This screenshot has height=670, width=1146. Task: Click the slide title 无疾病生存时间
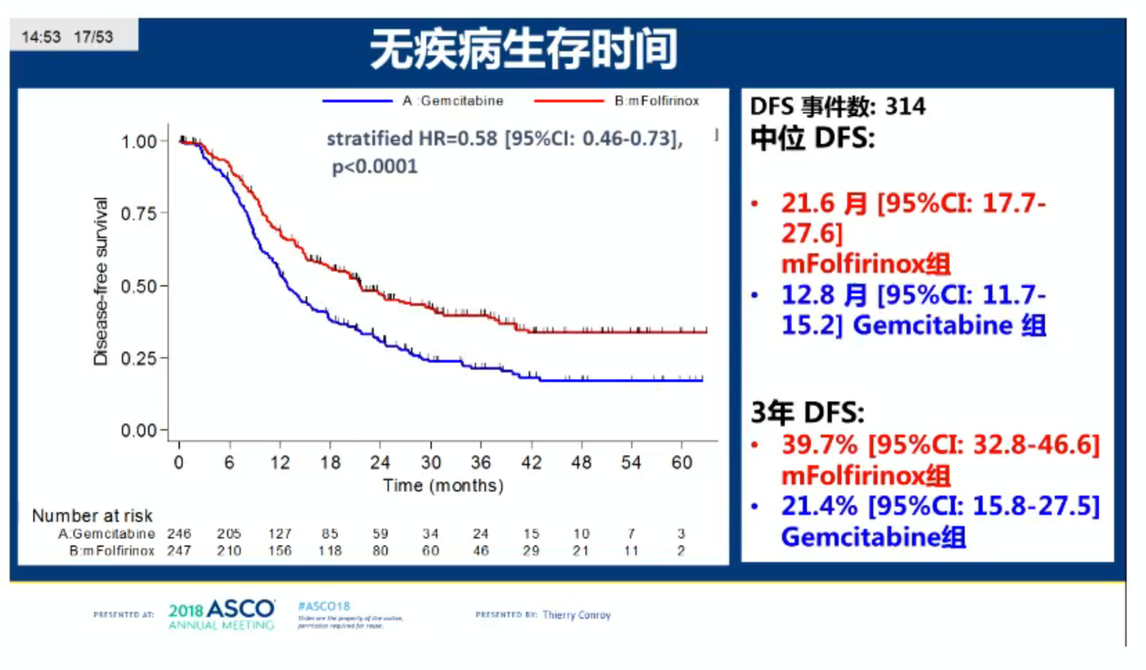[523, 50]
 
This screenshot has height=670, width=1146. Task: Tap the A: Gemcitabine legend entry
[453, 101]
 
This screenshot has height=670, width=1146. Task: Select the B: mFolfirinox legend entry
[656, 101]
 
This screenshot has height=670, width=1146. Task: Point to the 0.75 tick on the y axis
[139, 213]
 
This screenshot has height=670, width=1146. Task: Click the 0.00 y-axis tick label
[139, 431]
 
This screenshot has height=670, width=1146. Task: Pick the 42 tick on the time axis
[531, 462]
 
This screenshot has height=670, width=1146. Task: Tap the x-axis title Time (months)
[443, 485]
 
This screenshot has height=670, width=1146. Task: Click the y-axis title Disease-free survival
[101, 281]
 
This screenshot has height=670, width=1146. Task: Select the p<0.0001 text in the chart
[374, 167]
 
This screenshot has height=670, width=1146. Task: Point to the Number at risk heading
[92, 516]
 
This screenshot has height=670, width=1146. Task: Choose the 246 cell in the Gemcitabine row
[179, 534]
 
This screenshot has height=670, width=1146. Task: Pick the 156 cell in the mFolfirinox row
[280, 551]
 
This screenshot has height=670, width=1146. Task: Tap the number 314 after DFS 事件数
[905, 107]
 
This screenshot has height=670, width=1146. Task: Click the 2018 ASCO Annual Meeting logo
[221, 615]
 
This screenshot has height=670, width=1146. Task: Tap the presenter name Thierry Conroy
[576, 615]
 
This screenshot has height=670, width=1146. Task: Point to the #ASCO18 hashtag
[324, 606]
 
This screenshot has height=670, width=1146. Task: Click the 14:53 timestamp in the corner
[41, 37]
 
